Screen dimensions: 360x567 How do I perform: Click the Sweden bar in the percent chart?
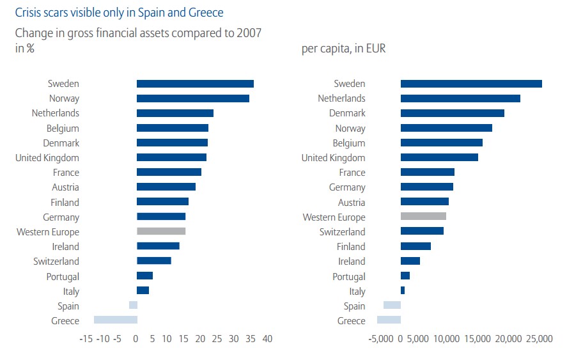click(x=195, y=84)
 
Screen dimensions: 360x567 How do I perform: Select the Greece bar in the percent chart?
click(x=116, y=320)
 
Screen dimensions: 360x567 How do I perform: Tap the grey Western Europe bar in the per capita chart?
click(x=423, y=217)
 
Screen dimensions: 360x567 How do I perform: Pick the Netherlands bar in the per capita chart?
click(x=460, y=98)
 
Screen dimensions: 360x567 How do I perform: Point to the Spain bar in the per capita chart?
click(x=392, y=306)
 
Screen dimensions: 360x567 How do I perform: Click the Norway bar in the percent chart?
click(x=193, y=98)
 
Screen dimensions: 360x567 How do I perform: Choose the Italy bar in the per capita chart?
click(x=403, y=291)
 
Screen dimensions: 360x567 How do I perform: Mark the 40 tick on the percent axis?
click(x=267, y=339)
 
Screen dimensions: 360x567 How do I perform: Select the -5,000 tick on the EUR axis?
click(x=382, y=339)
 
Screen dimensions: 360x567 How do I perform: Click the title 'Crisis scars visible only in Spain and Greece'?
click(x=119, y=12)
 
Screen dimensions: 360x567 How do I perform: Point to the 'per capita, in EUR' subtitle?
click(x=343, y=49)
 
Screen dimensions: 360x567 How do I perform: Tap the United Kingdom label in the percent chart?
click(x=47, y=158)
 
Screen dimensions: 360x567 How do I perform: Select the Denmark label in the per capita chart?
click(x=347, y=113)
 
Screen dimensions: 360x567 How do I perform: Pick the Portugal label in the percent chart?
click(x=63, y=277)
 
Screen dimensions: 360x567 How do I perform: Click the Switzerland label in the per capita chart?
click(x=343, y=232)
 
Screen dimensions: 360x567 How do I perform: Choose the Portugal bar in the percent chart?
click(x=144, y=276)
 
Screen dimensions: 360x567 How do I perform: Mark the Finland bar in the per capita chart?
click(x=416, y=247)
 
